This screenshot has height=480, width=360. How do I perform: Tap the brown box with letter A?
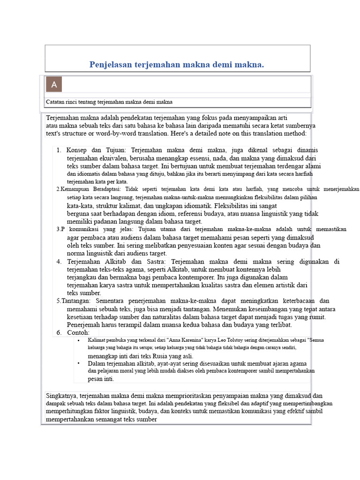click(x=54, y=85)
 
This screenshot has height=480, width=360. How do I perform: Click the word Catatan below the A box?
click(x=56, y=102)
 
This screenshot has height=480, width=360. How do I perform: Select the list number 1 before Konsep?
click(x=59, y=150)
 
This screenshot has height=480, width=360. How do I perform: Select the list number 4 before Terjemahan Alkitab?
click(x=59, y=262)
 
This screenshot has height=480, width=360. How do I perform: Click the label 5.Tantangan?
click(x=76, y=301)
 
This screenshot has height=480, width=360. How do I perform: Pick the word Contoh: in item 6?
click(x=78, y=332)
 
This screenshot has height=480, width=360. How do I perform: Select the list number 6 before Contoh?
click(x=59, y=332)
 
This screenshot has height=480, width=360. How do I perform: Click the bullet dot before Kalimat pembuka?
click(x=78, y=340)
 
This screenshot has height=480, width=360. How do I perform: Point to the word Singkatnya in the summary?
click(x=62, y=396)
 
